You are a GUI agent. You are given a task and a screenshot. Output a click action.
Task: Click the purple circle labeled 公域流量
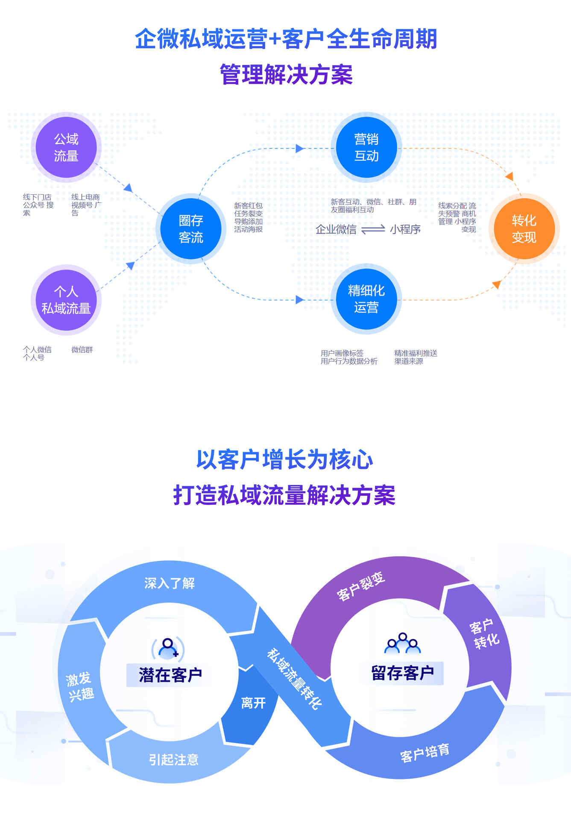click(x=66, y=147)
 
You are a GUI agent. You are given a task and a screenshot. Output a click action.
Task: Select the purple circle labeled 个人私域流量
click(x=66, y=300)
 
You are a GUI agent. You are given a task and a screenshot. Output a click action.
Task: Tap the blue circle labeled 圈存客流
click(x=190, y=228)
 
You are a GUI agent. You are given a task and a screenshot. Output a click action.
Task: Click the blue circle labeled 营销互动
click(x=366, y=147)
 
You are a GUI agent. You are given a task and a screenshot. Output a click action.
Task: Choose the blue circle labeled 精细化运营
click(x=366, y=299)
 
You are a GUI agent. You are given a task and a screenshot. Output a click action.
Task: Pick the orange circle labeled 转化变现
click(x=524, y=228)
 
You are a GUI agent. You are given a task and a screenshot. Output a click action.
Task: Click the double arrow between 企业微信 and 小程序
click(x=373, y=229)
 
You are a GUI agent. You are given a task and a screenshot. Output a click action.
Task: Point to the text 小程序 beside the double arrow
click(x=405, y=229)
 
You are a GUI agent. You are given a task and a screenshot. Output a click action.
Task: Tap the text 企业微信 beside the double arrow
click(x=336, y=229)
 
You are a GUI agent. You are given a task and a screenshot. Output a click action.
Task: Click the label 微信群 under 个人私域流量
click(x=82, y=349)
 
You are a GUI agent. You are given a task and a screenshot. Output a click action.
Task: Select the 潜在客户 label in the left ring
click(x=170, y=675)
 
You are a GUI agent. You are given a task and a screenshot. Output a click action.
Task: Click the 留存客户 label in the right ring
click(x=402, y=673)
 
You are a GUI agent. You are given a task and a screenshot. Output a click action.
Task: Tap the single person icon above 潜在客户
click(x=168, y=648)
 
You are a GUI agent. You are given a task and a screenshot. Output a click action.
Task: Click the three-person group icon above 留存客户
click(x=402, y=643)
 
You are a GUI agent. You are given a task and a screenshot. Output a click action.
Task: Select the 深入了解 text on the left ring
click(x=169, y=583)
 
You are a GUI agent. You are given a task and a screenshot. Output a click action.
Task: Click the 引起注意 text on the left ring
click(x=173, y=759)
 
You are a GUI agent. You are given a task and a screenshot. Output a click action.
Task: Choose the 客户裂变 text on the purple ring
click(x=361, y=586)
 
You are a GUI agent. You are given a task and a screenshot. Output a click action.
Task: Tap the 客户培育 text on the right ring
click(x=425, y=753)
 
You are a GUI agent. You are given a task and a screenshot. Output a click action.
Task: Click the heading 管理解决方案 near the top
click(x=286, y=74)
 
